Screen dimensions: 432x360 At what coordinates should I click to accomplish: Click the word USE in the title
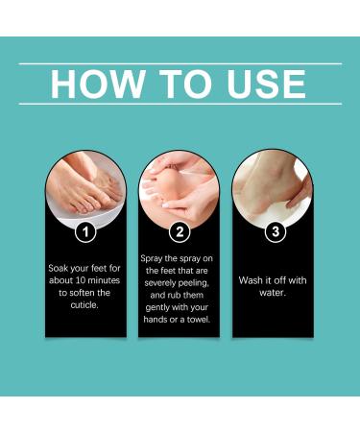pyautogui.click(x=264, y=84)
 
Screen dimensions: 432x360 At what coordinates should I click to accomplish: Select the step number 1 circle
pyautogui.click(x=85, y=230)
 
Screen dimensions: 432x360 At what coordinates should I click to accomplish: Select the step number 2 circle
pyautogui.click(x=180, y=230)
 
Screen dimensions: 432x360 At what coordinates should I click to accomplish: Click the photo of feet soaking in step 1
pyautogui.click(x=85, y=187)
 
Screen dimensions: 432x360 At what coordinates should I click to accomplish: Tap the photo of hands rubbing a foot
pyautogui.click(x=180, y=187)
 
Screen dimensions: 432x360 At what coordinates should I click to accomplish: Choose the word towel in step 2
pyautogui.click(x=200, y=319)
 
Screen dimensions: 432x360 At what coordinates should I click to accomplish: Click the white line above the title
pyautogui.click(x=180, y=62)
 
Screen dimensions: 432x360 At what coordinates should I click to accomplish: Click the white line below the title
pyautogui.click(x=180, y=104)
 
